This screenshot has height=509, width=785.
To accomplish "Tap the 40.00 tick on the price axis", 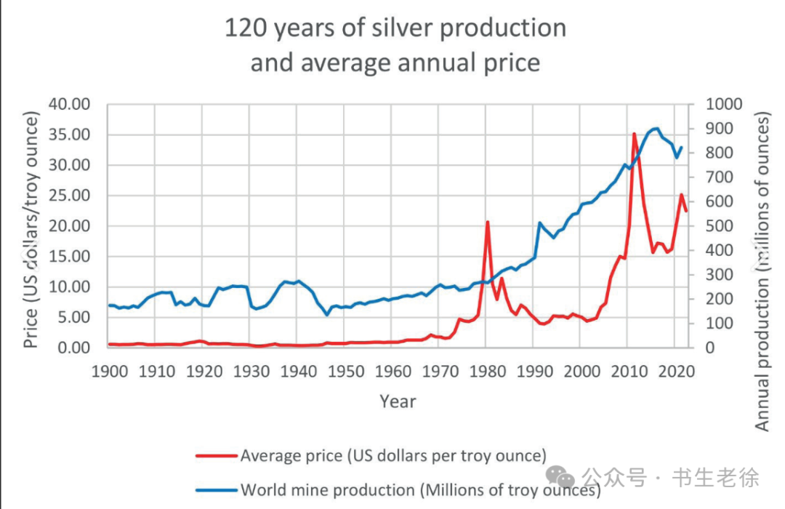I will (69, 104).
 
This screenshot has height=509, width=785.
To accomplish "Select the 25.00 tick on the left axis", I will (69, 196).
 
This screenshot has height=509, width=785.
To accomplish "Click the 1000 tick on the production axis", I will (724, 104).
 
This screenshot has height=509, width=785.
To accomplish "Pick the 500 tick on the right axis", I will (720, 226).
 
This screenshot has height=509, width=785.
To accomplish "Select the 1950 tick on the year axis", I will (346, 372).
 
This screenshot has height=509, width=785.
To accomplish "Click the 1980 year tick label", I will (488, 372).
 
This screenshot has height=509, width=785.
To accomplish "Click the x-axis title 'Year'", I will (398, 401).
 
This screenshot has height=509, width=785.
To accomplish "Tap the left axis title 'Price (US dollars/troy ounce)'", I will (31, 229).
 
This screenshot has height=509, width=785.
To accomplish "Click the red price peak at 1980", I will (488, 222).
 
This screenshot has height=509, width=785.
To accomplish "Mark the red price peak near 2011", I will (634, 134).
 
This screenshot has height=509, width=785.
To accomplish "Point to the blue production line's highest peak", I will (656, 129).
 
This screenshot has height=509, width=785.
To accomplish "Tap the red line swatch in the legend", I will (216, 456).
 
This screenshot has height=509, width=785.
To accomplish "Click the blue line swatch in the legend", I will (216, 489).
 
